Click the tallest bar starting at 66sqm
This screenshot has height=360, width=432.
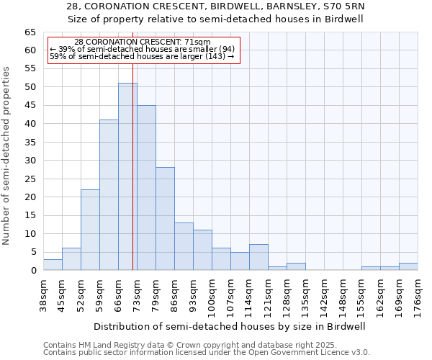(127, 176)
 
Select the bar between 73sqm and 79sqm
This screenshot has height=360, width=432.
(146, 187)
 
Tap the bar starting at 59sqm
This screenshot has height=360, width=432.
(109, 194)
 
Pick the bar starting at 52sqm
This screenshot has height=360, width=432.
(90, 230)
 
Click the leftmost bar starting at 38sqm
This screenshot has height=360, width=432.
(53, 265)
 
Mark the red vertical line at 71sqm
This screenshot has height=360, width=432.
(133, 180)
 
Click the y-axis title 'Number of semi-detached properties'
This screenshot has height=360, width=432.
(7, 156)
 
